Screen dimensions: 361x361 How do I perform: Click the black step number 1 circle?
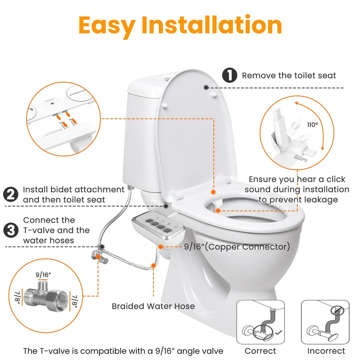[230, 75]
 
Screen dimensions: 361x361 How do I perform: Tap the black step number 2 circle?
[11, 195]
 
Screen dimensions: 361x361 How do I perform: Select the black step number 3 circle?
[11, 230]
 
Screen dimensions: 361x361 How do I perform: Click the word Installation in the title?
[212, 25]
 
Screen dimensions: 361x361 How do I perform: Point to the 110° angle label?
[312, 125]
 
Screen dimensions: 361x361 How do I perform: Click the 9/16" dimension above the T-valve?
[43, 275]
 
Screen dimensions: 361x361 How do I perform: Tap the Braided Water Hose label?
[153, 306]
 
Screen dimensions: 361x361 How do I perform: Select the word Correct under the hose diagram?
[261, 351]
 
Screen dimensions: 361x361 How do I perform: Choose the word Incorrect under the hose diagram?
[326, 351]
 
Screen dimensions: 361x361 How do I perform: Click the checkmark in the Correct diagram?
[279, 332]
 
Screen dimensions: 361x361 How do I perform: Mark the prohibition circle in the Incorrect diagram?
[337, 311]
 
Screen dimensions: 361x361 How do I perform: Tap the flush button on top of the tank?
[167, 79]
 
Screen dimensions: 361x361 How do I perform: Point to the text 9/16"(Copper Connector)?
[237, 247]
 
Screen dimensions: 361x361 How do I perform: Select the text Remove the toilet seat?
[289, 75]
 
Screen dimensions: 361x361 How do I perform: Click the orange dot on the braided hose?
[153, 265]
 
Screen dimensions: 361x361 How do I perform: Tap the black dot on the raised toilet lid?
[206, 87]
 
